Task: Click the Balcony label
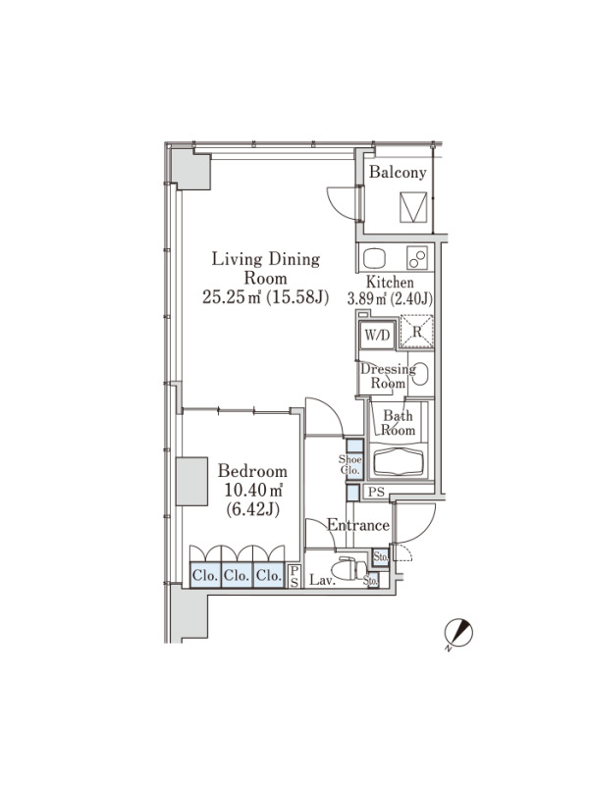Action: pyautogui.click(x=398, y=173)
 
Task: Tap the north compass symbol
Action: pyautogui.click(x=458, y=634)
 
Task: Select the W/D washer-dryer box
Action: pyautogui.click(x=378, y=335)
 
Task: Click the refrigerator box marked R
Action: pyautogui.click(x=416, y=332)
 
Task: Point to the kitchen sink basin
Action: pyautogui.click(x=374, y=258)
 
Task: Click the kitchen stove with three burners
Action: pyautogui.click(x=417, y=258)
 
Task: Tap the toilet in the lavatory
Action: pyautogui.click(x=352, y=569)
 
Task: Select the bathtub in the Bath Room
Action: pyautogui.click(x=399, y=461)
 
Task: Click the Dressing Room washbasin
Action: pyautogui.click(x=421, y=374)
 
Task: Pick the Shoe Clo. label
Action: pyautogui.click(x=350, y=464)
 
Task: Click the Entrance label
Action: pyautogui.click(x=358, y=525)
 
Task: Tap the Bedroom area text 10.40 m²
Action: pyautogui.click(x=253, y=490)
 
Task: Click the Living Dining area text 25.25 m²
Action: pyautogui.click(x=232, y=297)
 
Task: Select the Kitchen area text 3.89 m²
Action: pyautogui.click(x=367, y=299)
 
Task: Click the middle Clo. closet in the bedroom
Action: pyautogui.click(x=237, y=575)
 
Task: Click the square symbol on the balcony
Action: pyautogui.click(x=413, y=207)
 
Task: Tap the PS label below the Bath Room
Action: pyautogui.click(x=376, y=492)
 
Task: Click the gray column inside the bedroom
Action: pyautogui.click(x=191, y=481)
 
